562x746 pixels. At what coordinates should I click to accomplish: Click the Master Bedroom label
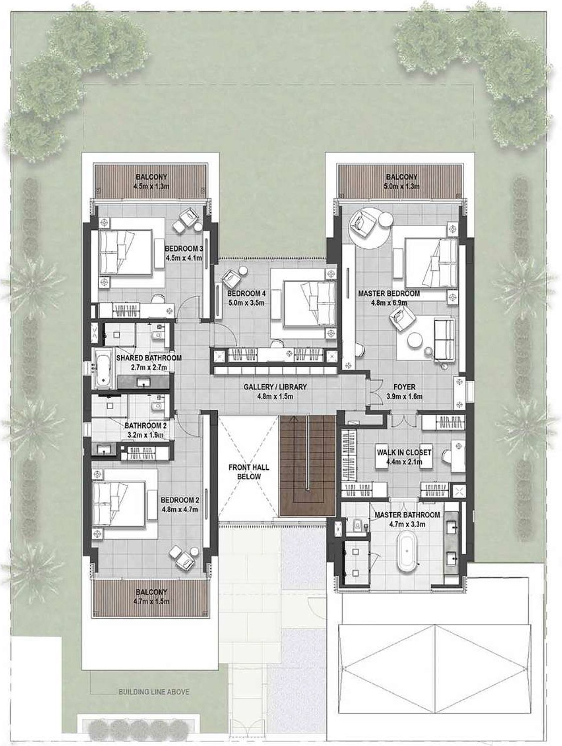(389, 293)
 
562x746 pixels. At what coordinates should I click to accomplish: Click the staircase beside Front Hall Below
(307, 466)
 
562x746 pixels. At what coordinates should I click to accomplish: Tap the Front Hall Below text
(249, 472)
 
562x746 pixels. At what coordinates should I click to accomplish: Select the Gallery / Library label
(275, 387)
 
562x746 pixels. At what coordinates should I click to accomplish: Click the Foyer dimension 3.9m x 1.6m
(404, 397)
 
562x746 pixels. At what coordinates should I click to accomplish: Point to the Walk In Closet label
(404, 453)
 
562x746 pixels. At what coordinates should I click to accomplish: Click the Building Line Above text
(154, 692)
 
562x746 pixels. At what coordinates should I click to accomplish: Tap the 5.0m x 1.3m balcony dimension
(402, 186)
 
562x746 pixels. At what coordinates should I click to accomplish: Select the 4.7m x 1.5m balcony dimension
(151, 601)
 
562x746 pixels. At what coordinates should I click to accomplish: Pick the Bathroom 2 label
(145, 425)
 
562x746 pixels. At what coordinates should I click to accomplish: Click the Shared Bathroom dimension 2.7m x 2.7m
(149, 367)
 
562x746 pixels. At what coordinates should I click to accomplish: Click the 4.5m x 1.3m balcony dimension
(151, 186)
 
